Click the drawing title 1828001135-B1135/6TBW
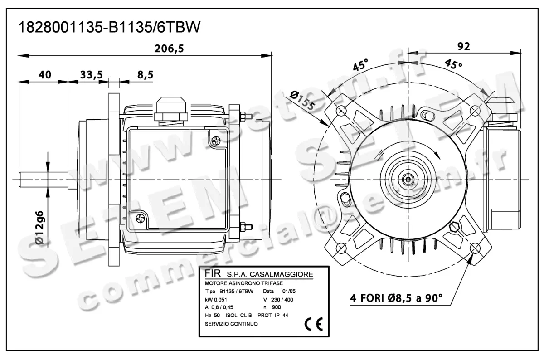click(x=109, y=28)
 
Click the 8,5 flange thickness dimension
click(x=145, y=75)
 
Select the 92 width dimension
click(x=463, y=45)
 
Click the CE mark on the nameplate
click(x=313, y=324)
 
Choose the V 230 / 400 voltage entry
click(x=281, y=299)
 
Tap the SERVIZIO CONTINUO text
click(x=231, y=324)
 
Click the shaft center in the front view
click(x=408, y=179)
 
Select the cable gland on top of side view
click(x=170, y=110)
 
